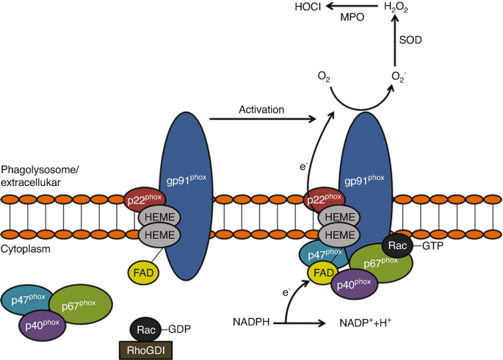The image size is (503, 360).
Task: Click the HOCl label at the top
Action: (308, 7)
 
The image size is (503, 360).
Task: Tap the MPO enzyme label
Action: (352, 17)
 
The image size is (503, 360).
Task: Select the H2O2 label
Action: (396, 7)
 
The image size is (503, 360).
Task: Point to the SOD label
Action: (410, 40)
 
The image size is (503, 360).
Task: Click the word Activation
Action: (261, 109)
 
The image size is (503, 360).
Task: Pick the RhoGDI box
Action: (145, 350)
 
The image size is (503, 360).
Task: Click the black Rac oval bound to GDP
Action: (145, 330)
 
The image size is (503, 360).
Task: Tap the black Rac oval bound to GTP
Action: (397, 246)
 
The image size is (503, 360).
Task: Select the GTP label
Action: (433, 246)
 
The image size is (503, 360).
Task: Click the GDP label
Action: (180, 329)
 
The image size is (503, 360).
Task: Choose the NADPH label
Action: (251, 322)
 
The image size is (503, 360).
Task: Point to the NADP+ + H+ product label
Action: (366, 323)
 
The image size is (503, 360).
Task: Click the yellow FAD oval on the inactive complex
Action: (143, 273)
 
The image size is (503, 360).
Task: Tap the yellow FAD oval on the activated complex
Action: (322, 273)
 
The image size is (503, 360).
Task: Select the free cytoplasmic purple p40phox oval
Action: (43, 325)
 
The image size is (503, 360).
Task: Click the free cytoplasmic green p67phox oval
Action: (81, 304)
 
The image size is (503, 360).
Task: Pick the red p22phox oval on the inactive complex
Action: (145, 200)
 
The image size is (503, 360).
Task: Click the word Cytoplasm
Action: (26, 249)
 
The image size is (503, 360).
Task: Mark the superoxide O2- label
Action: (399, 77)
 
